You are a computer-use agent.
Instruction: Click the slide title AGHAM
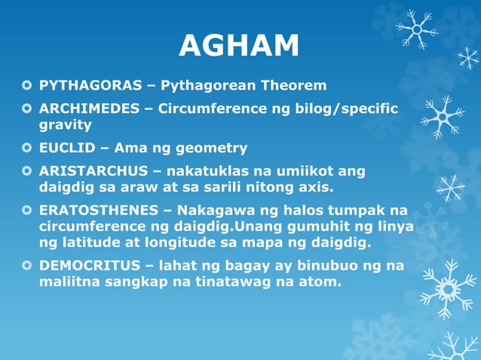[239, 47]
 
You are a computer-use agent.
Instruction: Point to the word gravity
[65, 125]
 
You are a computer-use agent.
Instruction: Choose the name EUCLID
[65, 148]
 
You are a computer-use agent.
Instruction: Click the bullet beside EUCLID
[28, 148]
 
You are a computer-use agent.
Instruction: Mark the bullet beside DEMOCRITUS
[28, 266]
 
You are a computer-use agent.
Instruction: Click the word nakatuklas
[208, 172]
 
